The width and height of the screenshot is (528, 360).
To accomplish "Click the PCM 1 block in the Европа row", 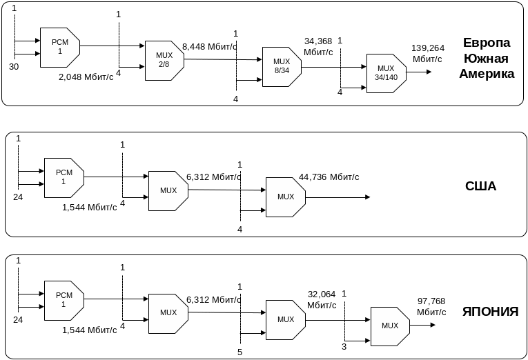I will tap(59, 47).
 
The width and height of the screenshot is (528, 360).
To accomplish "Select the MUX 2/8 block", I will tap(164, 60).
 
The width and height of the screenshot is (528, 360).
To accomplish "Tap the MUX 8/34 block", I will tap(281, 66).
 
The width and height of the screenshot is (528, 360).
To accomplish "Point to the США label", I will tap(481, 186).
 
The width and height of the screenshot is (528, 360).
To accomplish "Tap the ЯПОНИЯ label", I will tap(490, 312).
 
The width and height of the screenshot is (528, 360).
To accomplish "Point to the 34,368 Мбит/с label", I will tap(319, 46).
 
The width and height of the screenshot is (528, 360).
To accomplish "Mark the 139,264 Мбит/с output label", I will tap(428, 53).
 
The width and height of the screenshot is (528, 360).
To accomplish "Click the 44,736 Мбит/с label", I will tap(330, 177).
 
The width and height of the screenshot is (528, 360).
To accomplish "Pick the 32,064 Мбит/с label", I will tap(322, 299).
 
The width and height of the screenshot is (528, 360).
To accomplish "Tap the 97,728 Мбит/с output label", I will tap(431, 306).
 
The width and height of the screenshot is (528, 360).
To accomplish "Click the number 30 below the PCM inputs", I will tap(14, 66).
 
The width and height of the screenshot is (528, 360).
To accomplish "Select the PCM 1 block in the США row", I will tap(63, 177).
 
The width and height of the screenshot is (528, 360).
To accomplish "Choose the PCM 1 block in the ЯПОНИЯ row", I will tap(63, 300).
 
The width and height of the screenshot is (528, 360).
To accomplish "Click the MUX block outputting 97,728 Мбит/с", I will tap(389, 326).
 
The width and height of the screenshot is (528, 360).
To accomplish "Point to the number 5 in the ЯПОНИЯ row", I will tap(239, 352).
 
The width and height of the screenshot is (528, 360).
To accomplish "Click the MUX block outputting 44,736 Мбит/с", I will tap(285, 197).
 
